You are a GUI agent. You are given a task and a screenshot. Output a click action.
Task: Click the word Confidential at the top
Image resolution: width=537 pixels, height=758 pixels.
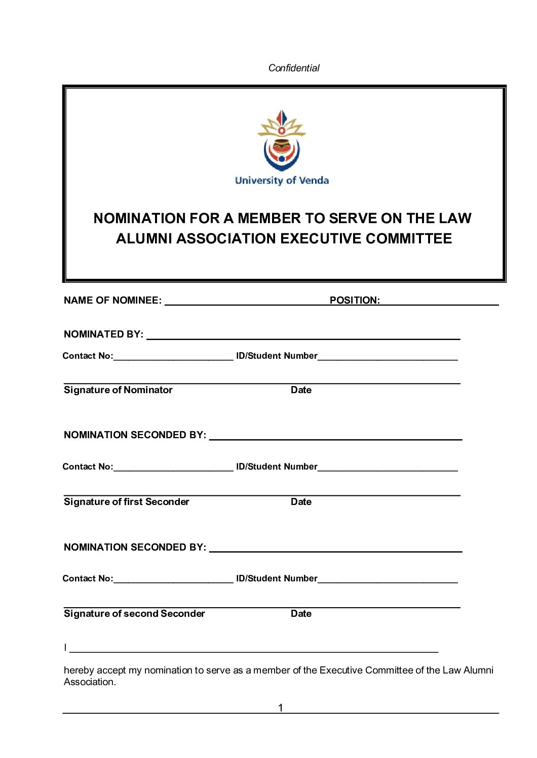[x=294, y=68]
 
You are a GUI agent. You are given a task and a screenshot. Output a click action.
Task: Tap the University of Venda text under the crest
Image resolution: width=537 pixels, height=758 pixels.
[x=282, y=181]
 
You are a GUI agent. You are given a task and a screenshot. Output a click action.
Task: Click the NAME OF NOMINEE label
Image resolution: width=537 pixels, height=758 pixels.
[x=112, y=300]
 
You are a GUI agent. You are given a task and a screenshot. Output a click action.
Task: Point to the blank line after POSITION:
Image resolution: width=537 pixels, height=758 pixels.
[x=440, y=304]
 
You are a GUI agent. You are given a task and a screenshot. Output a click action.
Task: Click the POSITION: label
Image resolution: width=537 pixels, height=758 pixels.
[x=355, y=300]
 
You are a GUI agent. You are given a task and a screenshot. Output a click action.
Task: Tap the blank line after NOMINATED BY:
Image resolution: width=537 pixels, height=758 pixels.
[x=303, y=338]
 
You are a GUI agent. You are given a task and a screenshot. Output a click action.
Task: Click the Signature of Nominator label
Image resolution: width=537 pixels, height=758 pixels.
[x=118, y=390]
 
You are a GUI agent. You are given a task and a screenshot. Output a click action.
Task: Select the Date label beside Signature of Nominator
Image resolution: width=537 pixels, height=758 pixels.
[x=301, y=390]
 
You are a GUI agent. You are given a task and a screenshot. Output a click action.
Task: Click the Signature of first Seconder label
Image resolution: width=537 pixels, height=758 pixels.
[x=126, y=501]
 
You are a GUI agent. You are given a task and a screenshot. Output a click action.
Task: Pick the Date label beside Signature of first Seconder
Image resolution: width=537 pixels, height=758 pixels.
[x=301, y=501]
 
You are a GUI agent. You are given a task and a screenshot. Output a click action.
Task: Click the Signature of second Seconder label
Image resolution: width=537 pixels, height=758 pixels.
[x=134, y=613]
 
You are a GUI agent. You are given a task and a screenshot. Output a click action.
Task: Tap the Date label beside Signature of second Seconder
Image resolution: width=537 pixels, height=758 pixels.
[x=301, y=613]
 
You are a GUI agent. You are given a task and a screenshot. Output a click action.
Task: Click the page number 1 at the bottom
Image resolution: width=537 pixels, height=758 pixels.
[x=281, y=707]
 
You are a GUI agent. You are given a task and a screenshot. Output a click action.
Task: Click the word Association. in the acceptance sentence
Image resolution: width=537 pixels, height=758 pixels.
[x=90, y=682]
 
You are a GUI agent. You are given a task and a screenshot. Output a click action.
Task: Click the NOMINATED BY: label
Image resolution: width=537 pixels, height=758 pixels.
[x=103, y=334]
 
